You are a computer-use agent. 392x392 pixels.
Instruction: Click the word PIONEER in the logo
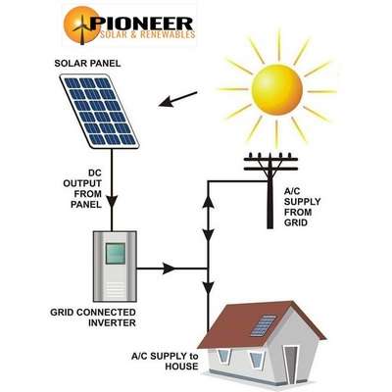[x=142, y=24]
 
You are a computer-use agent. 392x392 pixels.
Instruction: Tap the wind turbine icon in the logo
[x=82, y=29]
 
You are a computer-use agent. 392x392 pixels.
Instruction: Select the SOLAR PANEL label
[x=87, y=63]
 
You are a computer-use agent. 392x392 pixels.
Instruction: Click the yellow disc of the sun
[x=277, y=89]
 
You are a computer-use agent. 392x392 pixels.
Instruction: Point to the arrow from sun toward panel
[x=178, y=99]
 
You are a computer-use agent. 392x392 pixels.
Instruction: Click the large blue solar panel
[x=100, y=111]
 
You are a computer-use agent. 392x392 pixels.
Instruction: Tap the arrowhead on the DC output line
[x=112, y=202]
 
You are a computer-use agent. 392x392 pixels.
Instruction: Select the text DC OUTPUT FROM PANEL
[x=82, y=189]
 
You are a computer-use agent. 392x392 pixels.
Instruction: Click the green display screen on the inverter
[x=115, y=254]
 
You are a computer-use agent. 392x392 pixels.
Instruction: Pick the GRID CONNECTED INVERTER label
[x=93, y=318]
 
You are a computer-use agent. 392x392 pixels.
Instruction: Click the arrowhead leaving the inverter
[x=170, y=269]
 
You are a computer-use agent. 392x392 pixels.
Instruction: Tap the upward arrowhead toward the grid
[x=209, y=203]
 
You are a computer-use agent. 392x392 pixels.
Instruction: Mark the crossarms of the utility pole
[x=270, y=164]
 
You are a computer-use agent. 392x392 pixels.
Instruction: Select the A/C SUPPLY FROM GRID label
[x=302, y=207]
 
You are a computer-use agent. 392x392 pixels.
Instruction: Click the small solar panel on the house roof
[x=264, y=325]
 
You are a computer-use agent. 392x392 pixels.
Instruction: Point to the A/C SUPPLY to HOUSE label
[x=165, y=362]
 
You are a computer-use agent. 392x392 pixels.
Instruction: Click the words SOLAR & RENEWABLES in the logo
[x=147, y=34]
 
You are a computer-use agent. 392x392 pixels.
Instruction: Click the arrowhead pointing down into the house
[x=209, y=287]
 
